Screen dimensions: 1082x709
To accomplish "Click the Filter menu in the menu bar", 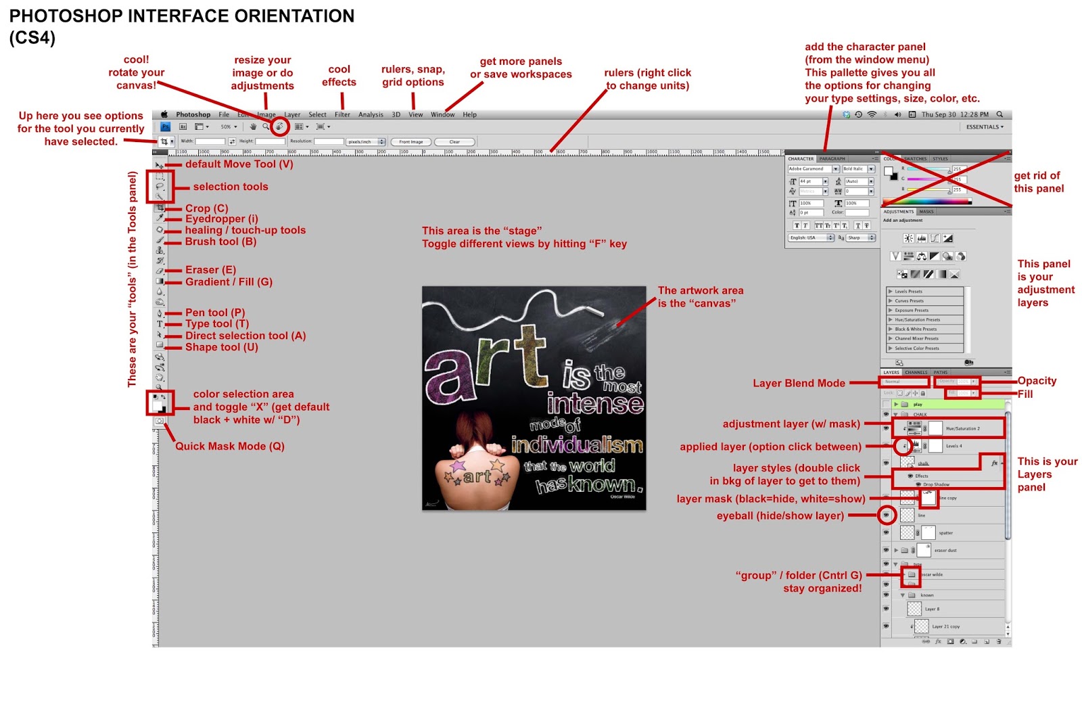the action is [x=342, y=114].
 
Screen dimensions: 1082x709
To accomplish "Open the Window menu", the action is [x=442, y=114].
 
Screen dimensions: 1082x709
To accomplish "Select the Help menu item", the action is [x=469, y=114].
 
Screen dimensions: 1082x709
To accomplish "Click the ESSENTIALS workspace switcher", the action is [x=984, y=127].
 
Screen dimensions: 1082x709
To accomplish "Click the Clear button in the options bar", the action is [x=454, y=142].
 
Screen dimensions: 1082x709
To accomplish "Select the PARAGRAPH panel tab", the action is [x=832, y=159].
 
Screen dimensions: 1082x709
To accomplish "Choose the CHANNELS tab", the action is [x=916, y=372].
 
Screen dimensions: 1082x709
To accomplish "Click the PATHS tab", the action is [x=941, y=372].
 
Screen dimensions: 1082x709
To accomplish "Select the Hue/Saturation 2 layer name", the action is [x=962, y=428].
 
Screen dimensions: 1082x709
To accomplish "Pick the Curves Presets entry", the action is [x=909, y=301].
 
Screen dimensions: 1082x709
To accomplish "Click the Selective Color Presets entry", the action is [x=916, y=348].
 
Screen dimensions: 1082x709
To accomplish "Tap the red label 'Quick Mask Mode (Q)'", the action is [x=230, y=447].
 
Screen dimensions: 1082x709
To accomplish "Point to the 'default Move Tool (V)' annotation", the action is [x=239, y=164].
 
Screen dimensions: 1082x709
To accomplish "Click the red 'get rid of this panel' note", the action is [x=1038, y=182].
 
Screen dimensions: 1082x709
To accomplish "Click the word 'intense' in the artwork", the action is [x=595, y=404].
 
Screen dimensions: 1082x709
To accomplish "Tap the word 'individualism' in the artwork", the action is [x=577, y=445].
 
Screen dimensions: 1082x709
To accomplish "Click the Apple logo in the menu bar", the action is [x=164, y=114].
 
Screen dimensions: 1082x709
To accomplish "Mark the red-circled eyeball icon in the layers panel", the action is [x=886, y=516].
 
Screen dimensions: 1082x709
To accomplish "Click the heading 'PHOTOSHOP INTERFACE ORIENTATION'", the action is [x=181, y=16].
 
